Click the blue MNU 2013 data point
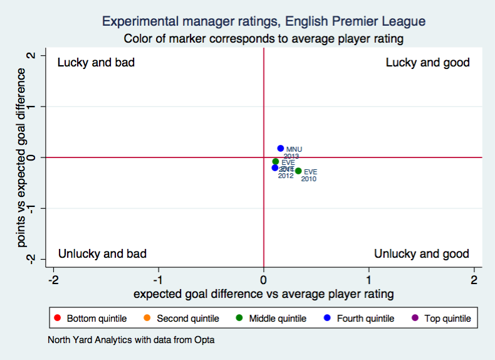(x=281, y=149)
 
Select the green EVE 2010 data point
(x=298, y=171)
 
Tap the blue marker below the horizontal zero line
(x=275, y=167)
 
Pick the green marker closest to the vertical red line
(x=276, y=161)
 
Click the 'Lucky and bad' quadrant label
(x=96, y=63)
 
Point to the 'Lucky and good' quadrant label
(x=427, y=63)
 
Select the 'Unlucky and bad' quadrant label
(x=102, y=253)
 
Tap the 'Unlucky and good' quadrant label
(x=421, y=253)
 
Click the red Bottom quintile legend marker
(x=58, y=319)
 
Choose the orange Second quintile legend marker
(x=147, y=319)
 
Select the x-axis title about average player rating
(x=263, y=294)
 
